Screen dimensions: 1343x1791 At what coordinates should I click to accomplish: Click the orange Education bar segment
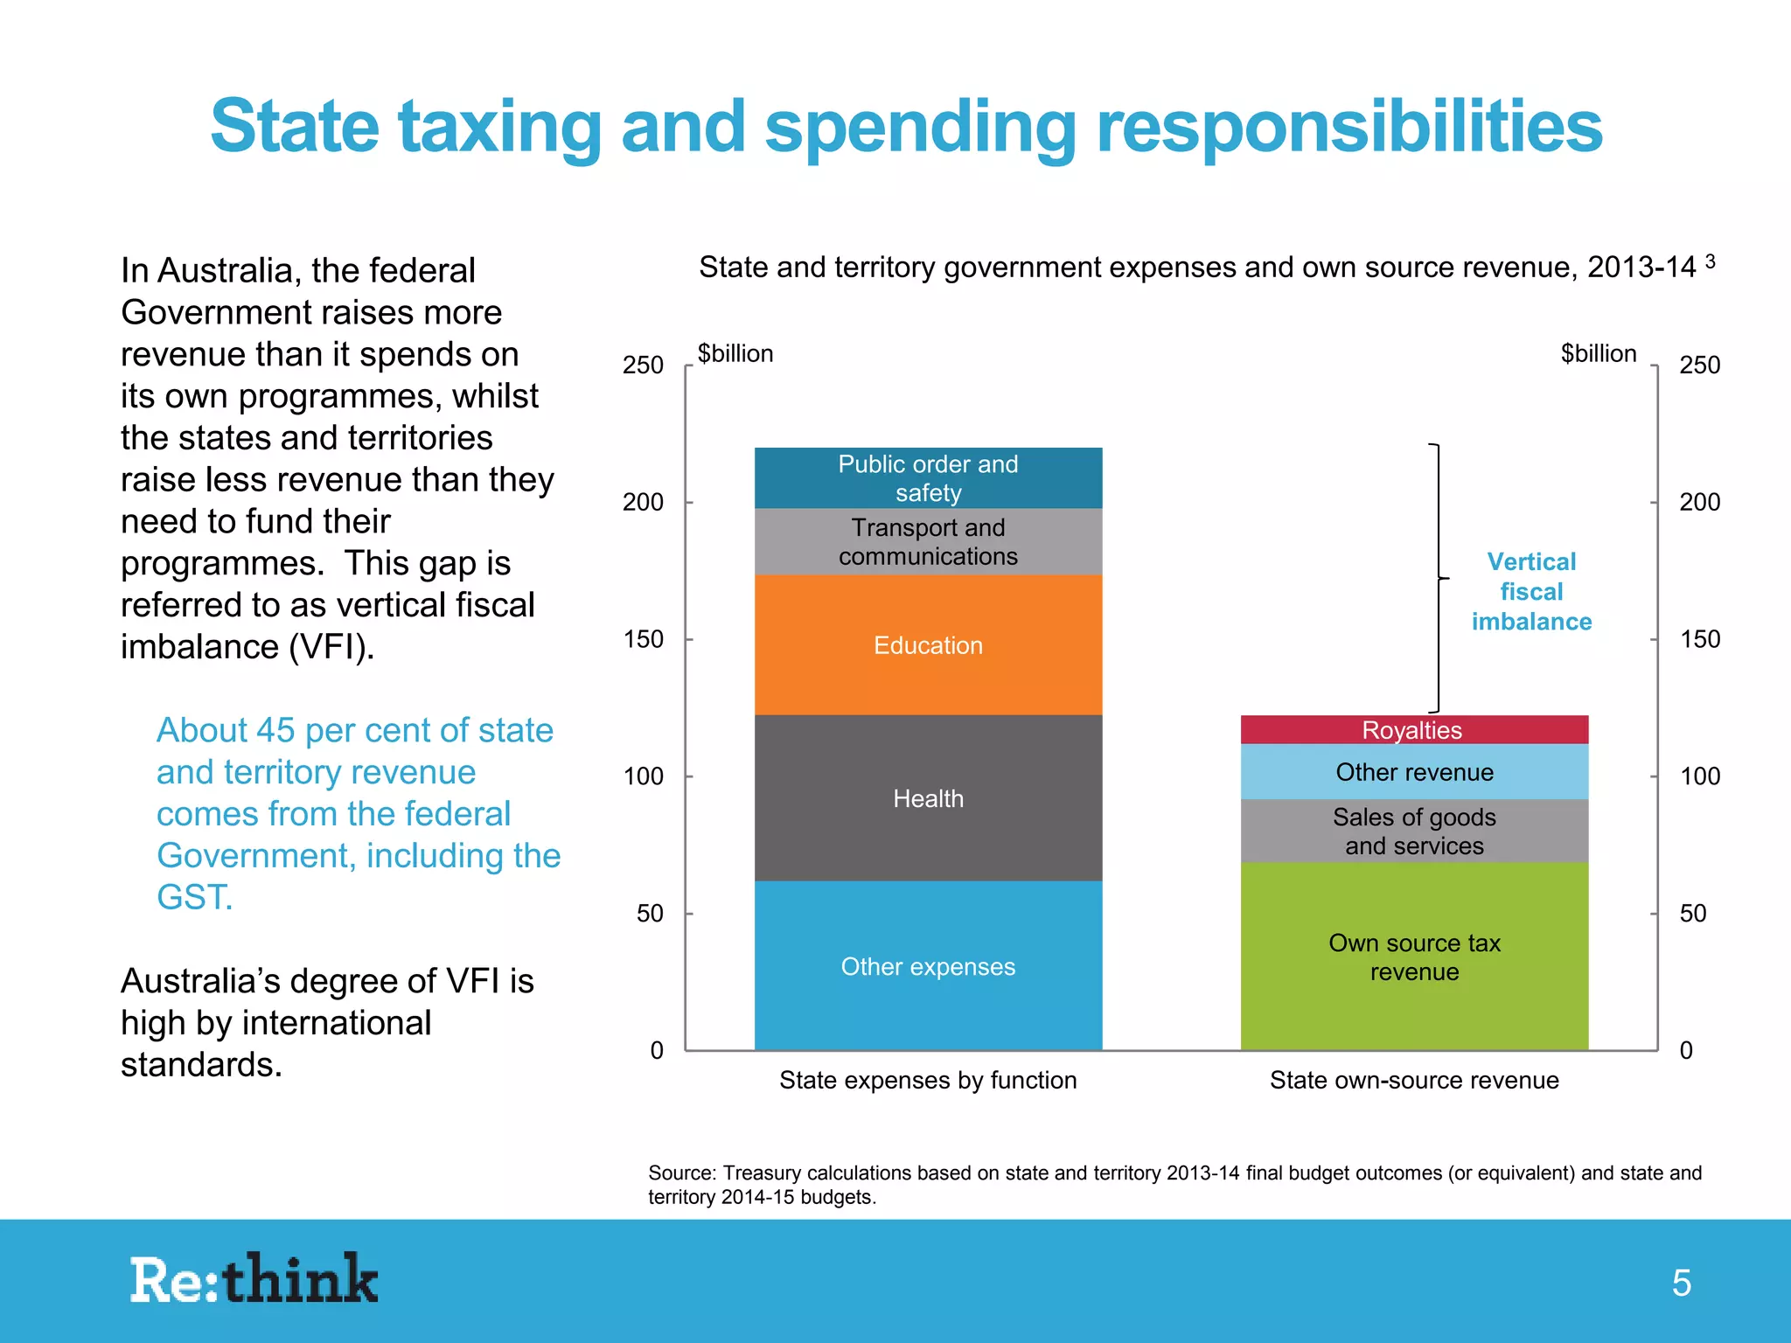[928, 645]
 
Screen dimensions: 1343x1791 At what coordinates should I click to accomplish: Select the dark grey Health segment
[928, 798]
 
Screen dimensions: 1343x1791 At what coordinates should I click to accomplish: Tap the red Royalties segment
[1413, 730]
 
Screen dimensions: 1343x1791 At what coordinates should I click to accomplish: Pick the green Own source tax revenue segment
[1414, 957]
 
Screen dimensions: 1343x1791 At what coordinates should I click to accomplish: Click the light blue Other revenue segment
[1414, 772]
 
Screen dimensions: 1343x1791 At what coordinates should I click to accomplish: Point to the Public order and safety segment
[928, 477]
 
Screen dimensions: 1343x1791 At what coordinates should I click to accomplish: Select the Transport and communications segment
[928, 541]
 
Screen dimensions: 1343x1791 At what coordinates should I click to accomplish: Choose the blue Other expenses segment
[928, 966]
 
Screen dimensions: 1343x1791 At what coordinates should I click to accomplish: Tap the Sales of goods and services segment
[1414, 831]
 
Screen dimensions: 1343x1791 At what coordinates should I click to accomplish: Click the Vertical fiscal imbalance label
[1531, 591]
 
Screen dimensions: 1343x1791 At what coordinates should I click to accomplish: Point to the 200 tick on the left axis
[643, 502]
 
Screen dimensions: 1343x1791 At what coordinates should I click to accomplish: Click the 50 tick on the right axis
[1692, 913]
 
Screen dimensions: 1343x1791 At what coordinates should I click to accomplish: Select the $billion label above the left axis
[735, 353]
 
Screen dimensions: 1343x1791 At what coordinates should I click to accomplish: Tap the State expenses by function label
[928, 1080]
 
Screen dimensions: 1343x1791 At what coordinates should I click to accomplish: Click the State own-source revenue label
[1414, 1080]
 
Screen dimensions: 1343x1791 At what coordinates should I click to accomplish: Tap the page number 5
[1681, 1283]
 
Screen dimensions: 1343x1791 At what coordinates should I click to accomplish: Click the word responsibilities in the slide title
[1348, 128]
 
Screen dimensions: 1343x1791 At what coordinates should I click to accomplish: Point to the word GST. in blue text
[194, 897]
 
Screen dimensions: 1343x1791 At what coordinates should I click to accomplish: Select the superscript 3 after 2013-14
[1710, 261]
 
